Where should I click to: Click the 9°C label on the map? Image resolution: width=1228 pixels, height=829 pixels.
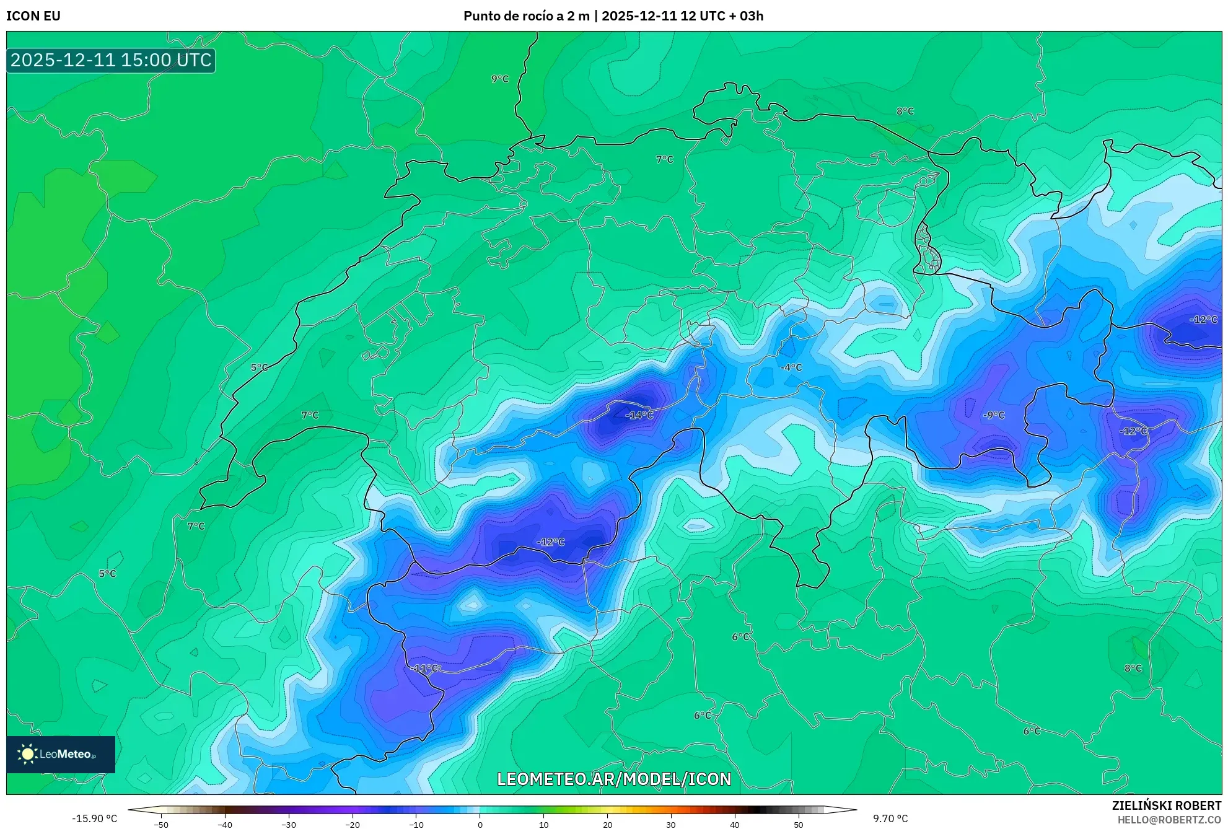pos(499,79)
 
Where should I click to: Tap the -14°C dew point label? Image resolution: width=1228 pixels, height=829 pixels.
pos(639,415)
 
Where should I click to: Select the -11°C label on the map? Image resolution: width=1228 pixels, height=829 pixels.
pos(426,668)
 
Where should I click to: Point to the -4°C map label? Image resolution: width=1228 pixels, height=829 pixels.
pos(791,367)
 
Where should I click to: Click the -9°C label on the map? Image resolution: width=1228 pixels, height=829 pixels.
pos(993,415)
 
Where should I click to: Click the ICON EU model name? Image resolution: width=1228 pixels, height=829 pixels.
pos(33,16)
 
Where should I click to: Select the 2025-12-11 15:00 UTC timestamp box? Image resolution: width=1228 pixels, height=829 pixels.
pos(111,60)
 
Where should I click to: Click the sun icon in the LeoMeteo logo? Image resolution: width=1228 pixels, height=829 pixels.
pos(27,754)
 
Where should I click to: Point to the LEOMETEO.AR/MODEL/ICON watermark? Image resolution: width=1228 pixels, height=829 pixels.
pos(614,779)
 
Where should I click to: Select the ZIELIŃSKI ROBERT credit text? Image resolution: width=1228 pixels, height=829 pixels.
pos(1167,805)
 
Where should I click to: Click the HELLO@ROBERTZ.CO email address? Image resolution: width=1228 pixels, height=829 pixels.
pos(1169,820)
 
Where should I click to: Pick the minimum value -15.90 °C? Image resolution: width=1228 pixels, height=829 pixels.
pos(94,818)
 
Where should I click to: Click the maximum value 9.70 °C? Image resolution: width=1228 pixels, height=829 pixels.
pos(890,818)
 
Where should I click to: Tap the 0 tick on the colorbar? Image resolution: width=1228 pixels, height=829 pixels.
pos(480,825)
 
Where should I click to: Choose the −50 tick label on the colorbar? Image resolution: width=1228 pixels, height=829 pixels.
pos(161,825)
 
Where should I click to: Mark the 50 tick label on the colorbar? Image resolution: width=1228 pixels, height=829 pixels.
pos(798,825)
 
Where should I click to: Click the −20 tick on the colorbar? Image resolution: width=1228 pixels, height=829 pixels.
pos(352,825)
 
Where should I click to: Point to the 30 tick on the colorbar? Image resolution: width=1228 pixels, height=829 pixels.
pos(671,825)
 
